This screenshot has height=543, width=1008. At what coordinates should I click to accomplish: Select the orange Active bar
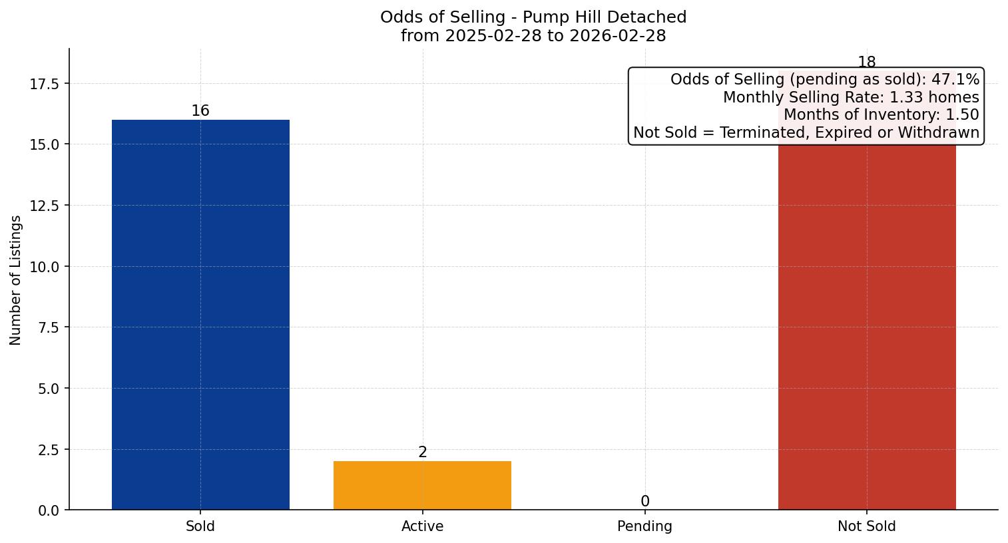(x=422, y=485)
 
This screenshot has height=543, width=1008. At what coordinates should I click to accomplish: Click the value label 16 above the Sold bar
(x=200, y=111)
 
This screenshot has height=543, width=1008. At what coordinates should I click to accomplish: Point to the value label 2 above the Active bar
(x=422, y=452)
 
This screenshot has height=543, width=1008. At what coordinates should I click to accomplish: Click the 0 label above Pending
(x=644, y=502)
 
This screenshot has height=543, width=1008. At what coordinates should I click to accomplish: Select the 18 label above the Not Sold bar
(x=866, y=63)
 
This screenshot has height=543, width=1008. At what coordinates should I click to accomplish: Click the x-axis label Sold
(x=200, y=526)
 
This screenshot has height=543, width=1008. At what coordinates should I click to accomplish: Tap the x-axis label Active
(x=422, y=526)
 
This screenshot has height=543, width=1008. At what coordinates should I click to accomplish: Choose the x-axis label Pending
(x=644, y=526)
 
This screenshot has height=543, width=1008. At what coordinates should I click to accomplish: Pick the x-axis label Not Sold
(x=866, y=526)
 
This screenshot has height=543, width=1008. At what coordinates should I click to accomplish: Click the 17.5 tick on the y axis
(x=44, y=84)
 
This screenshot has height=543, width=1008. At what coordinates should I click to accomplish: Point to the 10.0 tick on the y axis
(x=44, y=267)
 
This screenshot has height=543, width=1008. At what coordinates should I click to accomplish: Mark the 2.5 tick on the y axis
(x=49, y=450)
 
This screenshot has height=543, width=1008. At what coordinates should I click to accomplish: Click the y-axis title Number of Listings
(x=16, y=280)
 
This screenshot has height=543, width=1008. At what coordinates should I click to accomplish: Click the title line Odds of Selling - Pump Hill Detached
(x=533, y=17)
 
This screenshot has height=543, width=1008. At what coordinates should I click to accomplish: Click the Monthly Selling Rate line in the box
(x=850, y=97)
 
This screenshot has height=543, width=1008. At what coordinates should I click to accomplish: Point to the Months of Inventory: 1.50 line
(x=880, y=114)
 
